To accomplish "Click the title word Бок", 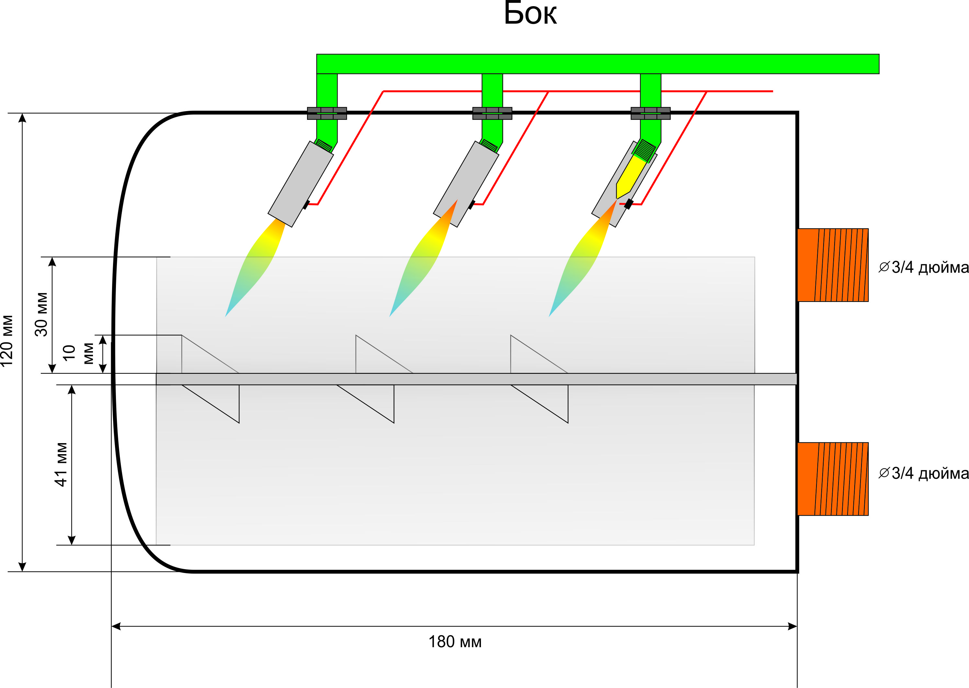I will coord(530,14).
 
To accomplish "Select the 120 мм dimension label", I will coord(7,341).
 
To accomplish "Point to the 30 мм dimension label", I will coord(41,314).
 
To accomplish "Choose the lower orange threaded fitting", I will coord(832,479).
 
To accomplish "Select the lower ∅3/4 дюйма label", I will coord(923,473).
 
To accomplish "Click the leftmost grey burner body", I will coord(300,184).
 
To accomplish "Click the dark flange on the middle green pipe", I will coord(492,113).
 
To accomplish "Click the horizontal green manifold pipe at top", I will coord(597,64).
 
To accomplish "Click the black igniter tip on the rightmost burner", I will coord(629,204).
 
